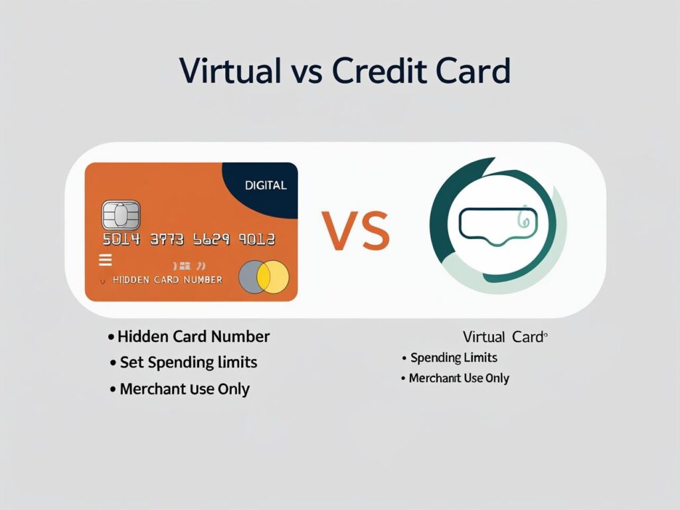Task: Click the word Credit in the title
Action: pyautogui.click(x=380, y=71)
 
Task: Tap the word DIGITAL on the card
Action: pyautogui.click(x=266, y=185)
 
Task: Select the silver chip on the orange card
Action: pyautogui.click(x=121, y=215)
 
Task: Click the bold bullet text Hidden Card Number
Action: pyautogui.click(x=193, y=337)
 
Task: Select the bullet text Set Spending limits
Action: pyautogui.click(x=188, y=363)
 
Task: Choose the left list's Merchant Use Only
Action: pyautogui.click(x=184, y=389)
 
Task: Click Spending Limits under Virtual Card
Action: pyautogui.click(x=454, y=358)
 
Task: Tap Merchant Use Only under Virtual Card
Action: pyautogui.click(x=459, y=379)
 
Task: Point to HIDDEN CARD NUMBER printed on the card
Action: pyautogui.click(x=167, y=280)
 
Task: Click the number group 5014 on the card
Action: pyautogui.click(x=122, y=240)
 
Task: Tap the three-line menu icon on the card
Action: pyautogui.click(x=105, y=260)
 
